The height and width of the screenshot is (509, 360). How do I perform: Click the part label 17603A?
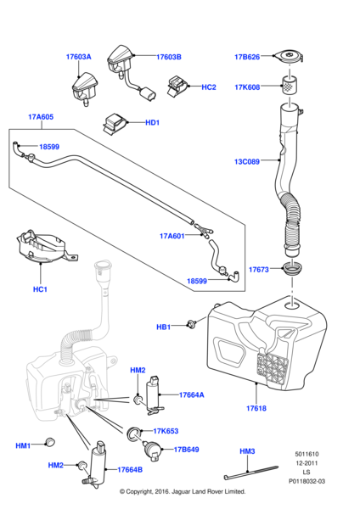pyautogui.click(x=78, y=57)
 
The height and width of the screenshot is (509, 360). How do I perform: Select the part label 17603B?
pyautogui.click(x=169, y=57)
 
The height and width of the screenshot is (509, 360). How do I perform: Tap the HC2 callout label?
pyautogui.click(x=208, y=87)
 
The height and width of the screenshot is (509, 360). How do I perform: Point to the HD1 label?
pyautogui.click(x=152, y=123)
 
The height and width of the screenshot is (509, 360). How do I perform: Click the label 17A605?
pyautogui.click(x=40, y=116)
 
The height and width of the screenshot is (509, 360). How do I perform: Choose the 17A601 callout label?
pyautogui.click(x=173, y=237)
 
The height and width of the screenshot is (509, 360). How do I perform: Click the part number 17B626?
pyautogui.click(x=247, y=57)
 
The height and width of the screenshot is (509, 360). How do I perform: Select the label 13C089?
pyautogui.click(x=247, y=159)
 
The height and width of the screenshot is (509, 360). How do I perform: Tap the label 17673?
pyautogui.click(x=259, y=270)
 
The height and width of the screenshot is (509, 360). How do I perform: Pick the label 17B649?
pyautogui.click(x=185, y=450)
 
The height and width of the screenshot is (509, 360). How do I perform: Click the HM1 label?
pyautogui.click(x=23, y=445)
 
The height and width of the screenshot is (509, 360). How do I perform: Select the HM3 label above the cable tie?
pyautogui.click(x=247, y=451)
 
